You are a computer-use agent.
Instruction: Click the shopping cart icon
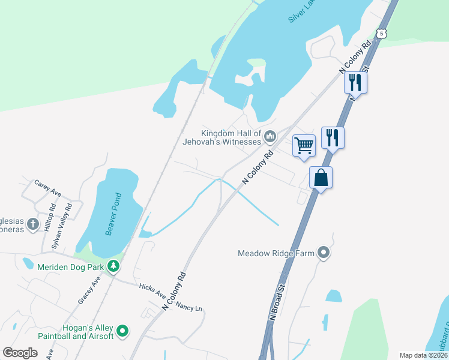[x=304, y=144]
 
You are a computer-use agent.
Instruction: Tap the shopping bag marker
[x=321, y=178]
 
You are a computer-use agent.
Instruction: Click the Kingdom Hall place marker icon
[x=270, y=137]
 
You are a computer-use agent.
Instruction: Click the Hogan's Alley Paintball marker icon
[x=122, y=331]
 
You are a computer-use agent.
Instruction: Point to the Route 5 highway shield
[x=382, y=34]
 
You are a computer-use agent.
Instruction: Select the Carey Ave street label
[x=48, y=188]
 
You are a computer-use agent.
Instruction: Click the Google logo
[x=20, y=353]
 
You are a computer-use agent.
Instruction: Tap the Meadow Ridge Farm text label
[x=276, y=253]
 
